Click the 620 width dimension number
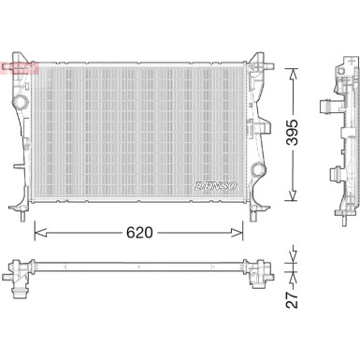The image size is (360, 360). click(x=140, y=230)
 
